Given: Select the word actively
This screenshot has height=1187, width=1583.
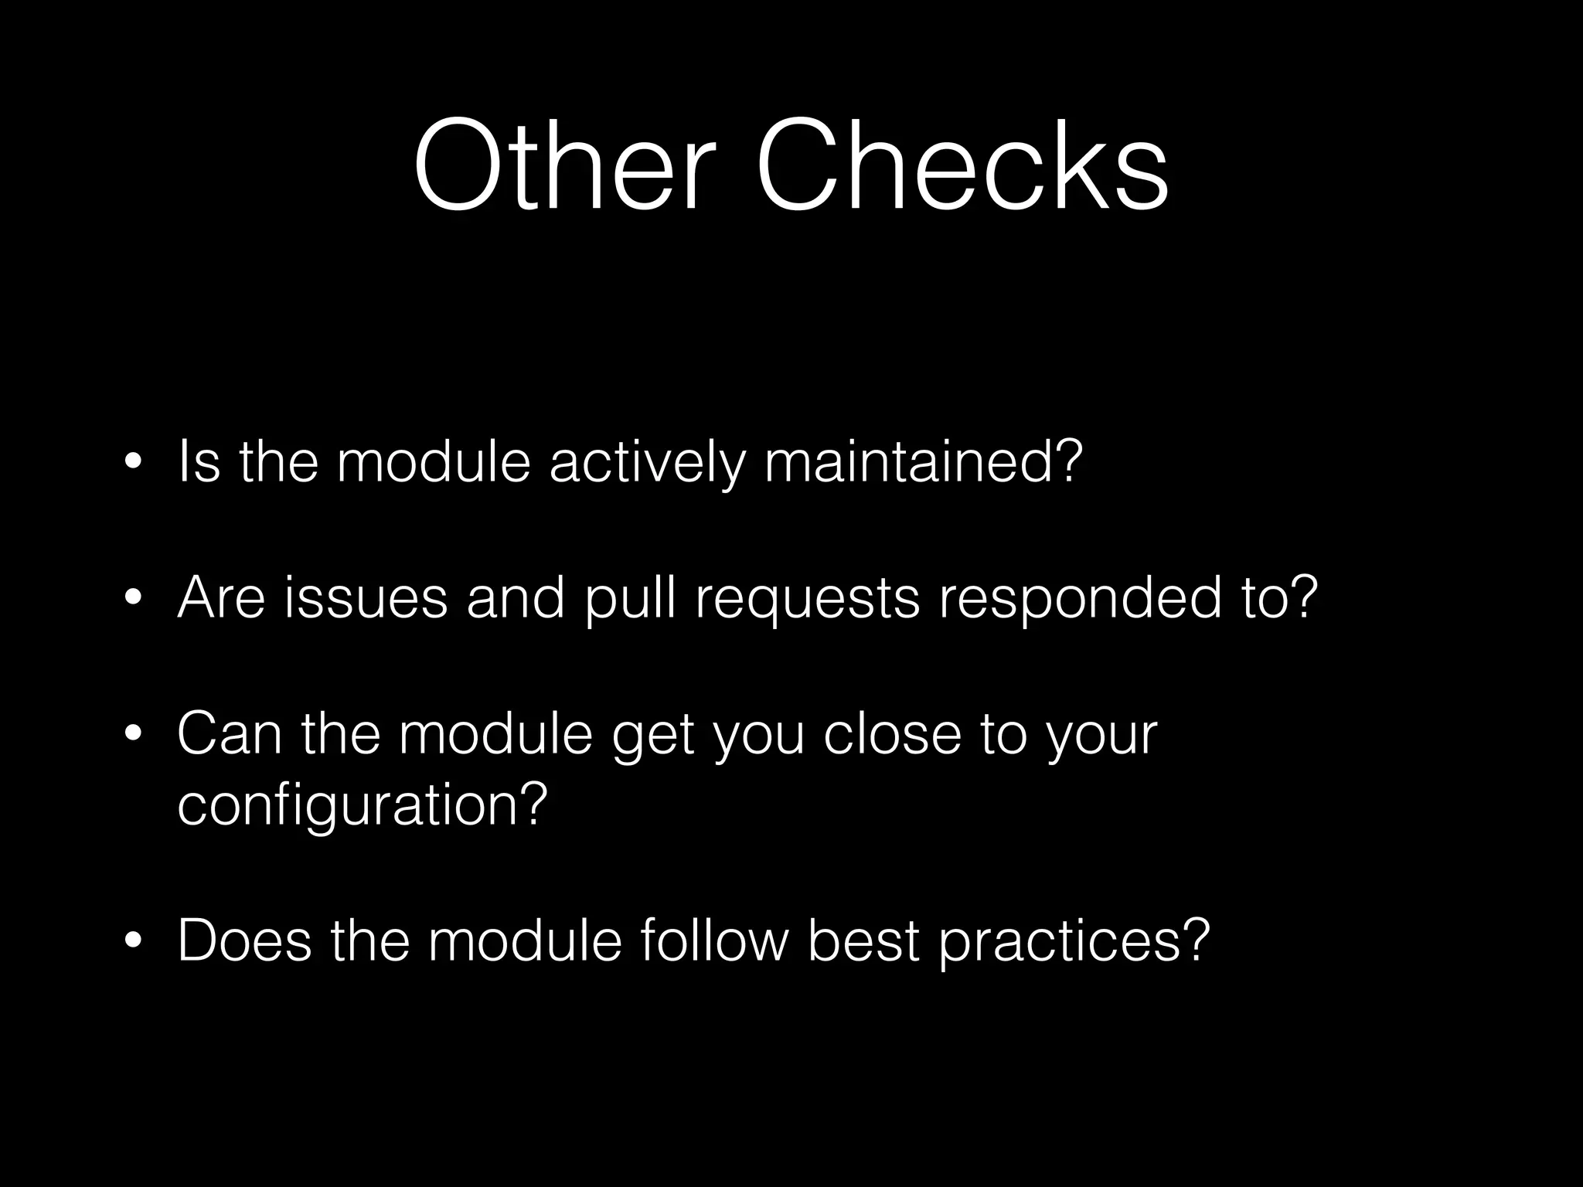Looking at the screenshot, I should (x=648, y=462).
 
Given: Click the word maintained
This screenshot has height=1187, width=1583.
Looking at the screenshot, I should (x=924, y=462).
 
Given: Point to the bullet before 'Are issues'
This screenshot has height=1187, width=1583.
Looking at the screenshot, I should (x=133, y=600).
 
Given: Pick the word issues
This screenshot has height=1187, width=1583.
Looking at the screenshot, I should (x=365, y=599).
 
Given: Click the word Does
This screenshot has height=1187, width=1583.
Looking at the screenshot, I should (x=244, y=941).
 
